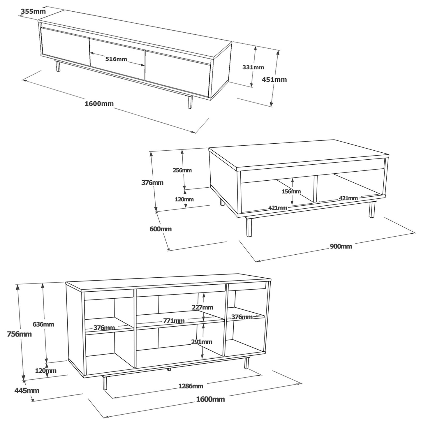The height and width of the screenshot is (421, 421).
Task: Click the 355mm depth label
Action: [x=33, y=11]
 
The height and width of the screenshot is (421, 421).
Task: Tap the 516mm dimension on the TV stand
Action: [x=116, y=59]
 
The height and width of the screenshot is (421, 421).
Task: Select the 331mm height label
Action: [x=253, y=67]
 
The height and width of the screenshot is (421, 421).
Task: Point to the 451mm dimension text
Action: [x=274, y=80]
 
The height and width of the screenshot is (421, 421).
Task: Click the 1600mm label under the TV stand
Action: [x=99, y=103]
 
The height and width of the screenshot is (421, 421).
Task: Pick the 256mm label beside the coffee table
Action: [x=182, y=170]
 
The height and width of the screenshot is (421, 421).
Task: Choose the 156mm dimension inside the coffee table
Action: [x=291, y=191]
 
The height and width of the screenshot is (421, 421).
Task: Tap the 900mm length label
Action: [x=341, y=246]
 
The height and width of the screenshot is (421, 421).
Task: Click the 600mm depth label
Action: [x=161, y=229]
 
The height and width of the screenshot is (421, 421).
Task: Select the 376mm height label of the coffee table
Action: [x=152, y=182]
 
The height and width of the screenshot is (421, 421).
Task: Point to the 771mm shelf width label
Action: [x=174, y=321]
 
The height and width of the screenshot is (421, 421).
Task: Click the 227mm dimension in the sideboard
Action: [x=202, y=307]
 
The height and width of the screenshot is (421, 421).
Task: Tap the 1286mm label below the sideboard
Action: [x=191, y=386]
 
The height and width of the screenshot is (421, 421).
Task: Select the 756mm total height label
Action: [x=19, y=334]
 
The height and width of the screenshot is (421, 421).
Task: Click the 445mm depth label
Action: [x=27, y=390]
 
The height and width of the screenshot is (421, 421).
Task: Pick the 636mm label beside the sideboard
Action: [x=43, y=324]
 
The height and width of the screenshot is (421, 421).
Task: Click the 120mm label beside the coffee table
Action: [x=184, y=199]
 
